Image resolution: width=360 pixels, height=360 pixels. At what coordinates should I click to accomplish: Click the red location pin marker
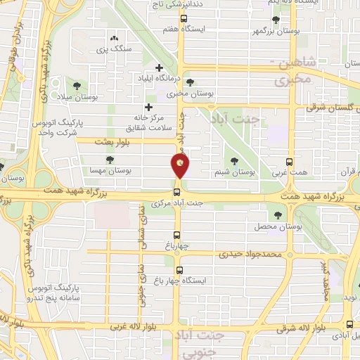coord(180,166)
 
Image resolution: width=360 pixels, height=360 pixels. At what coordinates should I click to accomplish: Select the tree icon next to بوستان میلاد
coord(69,85)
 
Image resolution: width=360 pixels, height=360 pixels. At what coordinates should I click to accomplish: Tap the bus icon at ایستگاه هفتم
coord(184,19)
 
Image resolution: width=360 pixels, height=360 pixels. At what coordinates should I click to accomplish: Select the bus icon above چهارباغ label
coord(178,236)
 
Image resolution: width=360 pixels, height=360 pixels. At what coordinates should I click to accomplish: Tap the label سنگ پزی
coord(114,50)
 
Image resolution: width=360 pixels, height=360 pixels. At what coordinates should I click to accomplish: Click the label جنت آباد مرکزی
coord(176,203)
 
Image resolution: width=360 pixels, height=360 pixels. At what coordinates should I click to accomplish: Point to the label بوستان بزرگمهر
coord(255,31)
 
